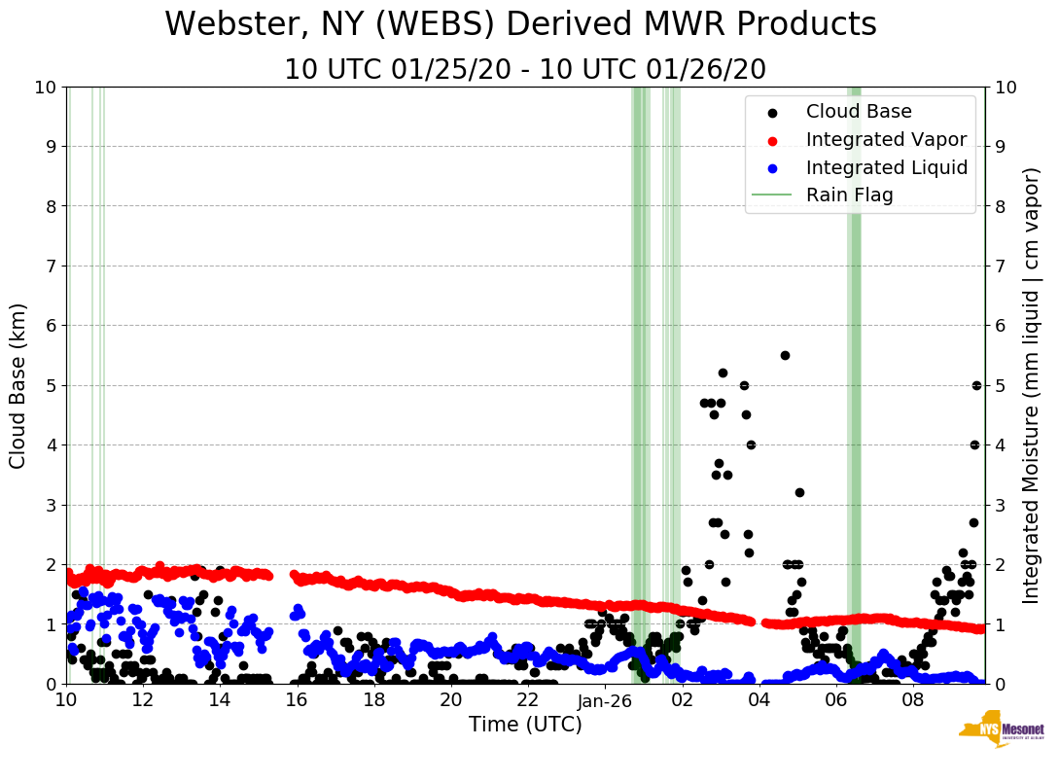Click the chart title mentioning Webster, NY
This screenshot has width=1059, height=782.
520,24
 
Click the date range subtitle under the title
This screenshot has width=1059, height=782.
525,70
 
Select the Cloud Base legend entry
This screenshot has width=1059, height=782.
859,112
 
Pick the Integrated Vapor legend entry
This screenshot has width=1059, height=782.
886,139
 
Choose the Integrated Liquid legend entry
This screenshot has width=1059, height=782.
887,167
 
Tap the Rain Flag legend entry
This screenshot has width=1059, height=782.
849,195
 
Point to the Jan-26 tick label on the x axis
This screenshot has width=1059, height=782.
605,700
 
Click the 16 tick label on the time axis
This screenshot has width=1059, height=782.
297,700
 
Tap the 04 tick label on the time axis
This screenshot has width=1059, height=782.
759,700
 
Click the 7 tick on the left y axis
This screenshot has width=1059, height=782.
50,266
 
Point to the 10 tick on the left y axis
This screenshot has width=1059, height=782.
45,87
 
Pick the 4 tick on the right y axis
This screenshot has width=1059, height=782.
999,444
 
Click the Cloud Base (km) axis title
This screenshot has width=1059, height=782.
18,385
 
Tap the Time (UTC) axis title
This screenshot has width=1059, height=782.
525,725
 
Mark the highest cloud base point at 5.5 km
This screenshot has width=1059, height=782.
785,355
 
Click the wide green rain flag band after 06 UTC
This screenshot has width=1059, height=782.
854,385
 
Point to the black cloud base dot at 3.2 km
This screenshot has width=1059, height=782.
799,492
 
